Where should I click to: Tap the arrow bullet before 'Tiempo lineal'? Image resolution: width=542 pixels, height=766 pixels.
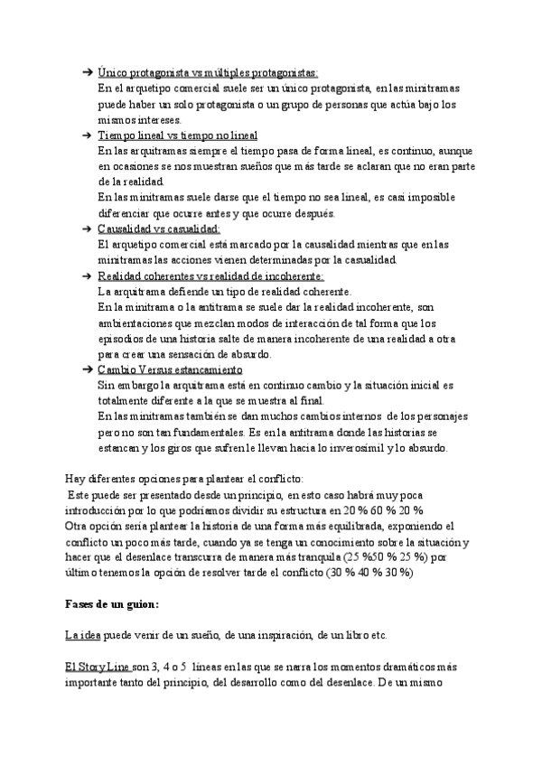(x=87, y=135)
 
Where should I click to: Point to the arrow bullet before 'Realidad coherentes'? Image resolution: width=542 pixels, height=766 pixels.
(x=87, y=276)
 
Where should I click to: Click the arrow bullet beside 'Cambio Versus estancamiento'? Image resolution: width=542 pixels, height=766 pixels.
(x=87, y=370)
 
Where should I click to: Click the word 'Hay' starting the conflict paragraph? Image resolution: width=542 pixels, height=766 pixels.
(x=75, y=478)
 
